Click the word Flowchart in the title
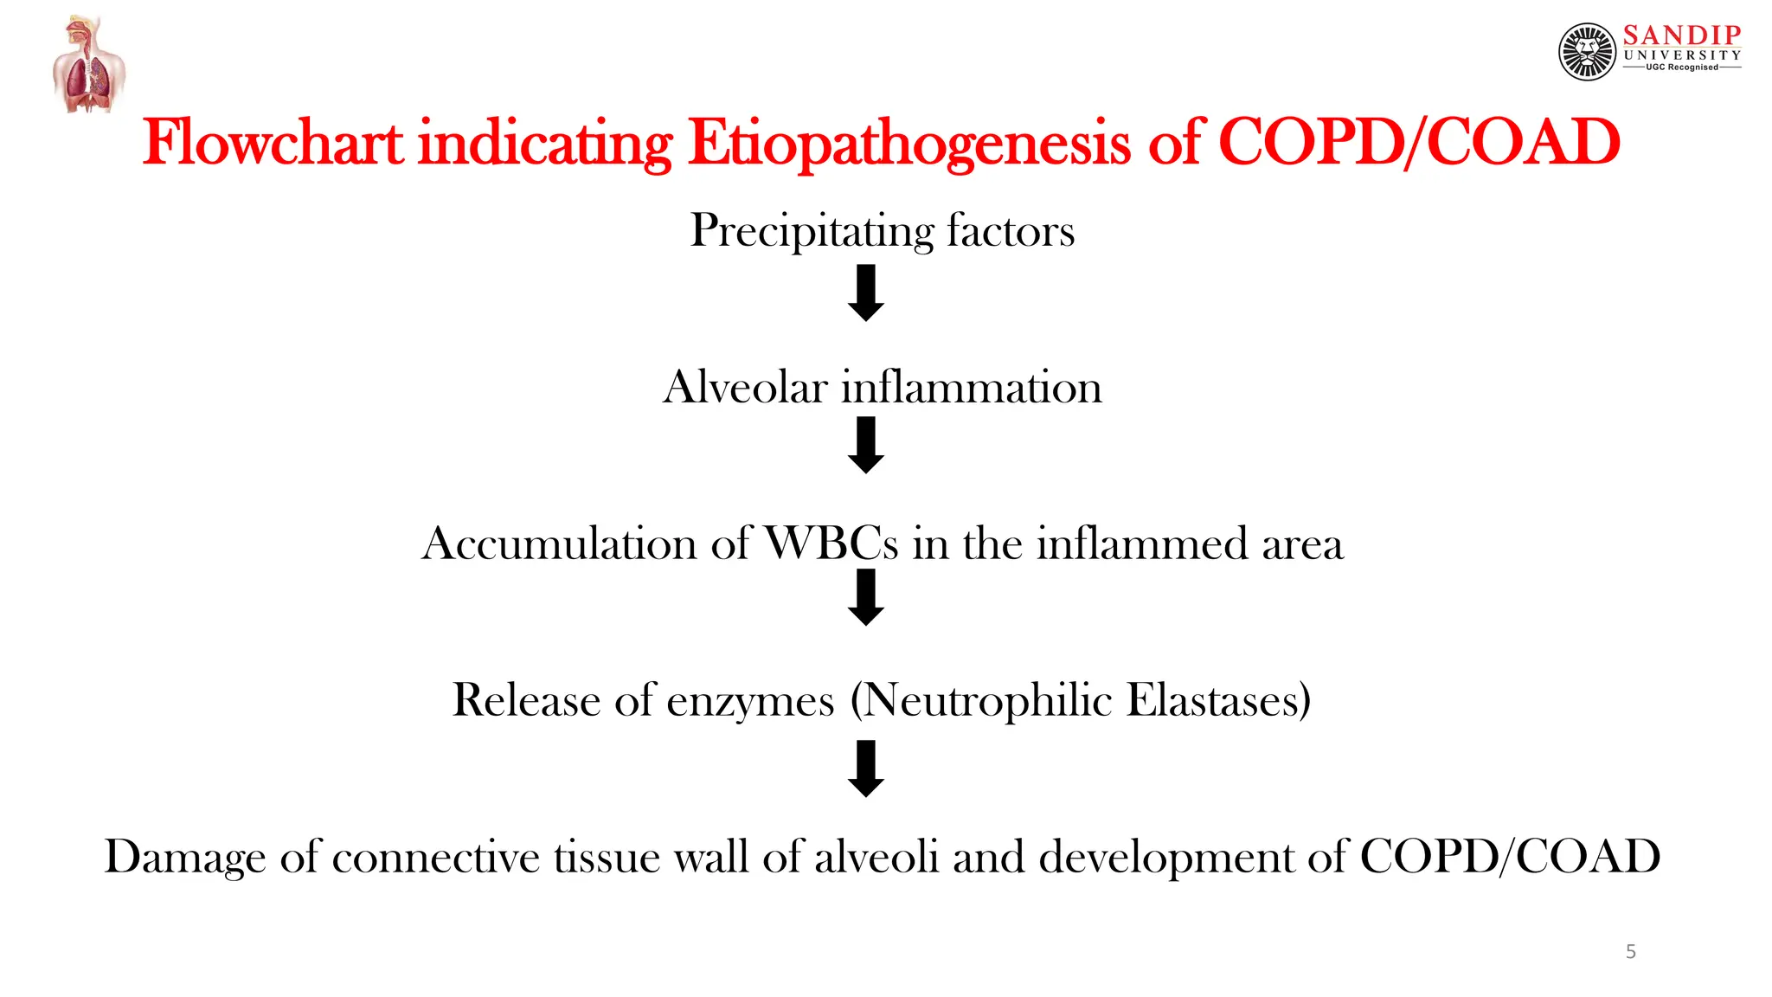click(x=273, y=143)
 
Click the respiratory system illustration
click(x=88, y=65)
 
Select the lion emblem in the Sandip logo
click(x=1587, y=52)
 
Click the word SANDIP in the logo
click(x=1681, y=35)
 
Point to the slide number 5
click(x=1630, y=952)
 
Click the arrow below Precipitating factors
click(x=865, y=293)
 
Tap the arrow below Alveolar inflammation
click(x=865, y=445)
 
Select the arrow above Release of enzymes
click(x=865, y=597)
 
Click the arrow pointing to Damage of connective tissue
click(x=865, y=769)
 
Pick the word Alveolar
click(x=745, y=387)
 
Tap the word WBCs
click(x=831, y=544)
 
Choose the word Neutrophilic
click(x=987, y=700)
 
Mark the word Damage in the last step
click(x=184, y=857)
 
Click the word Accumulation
click(x=559, y=544)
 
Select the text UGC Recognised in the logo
click(x=1681, y=68)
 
